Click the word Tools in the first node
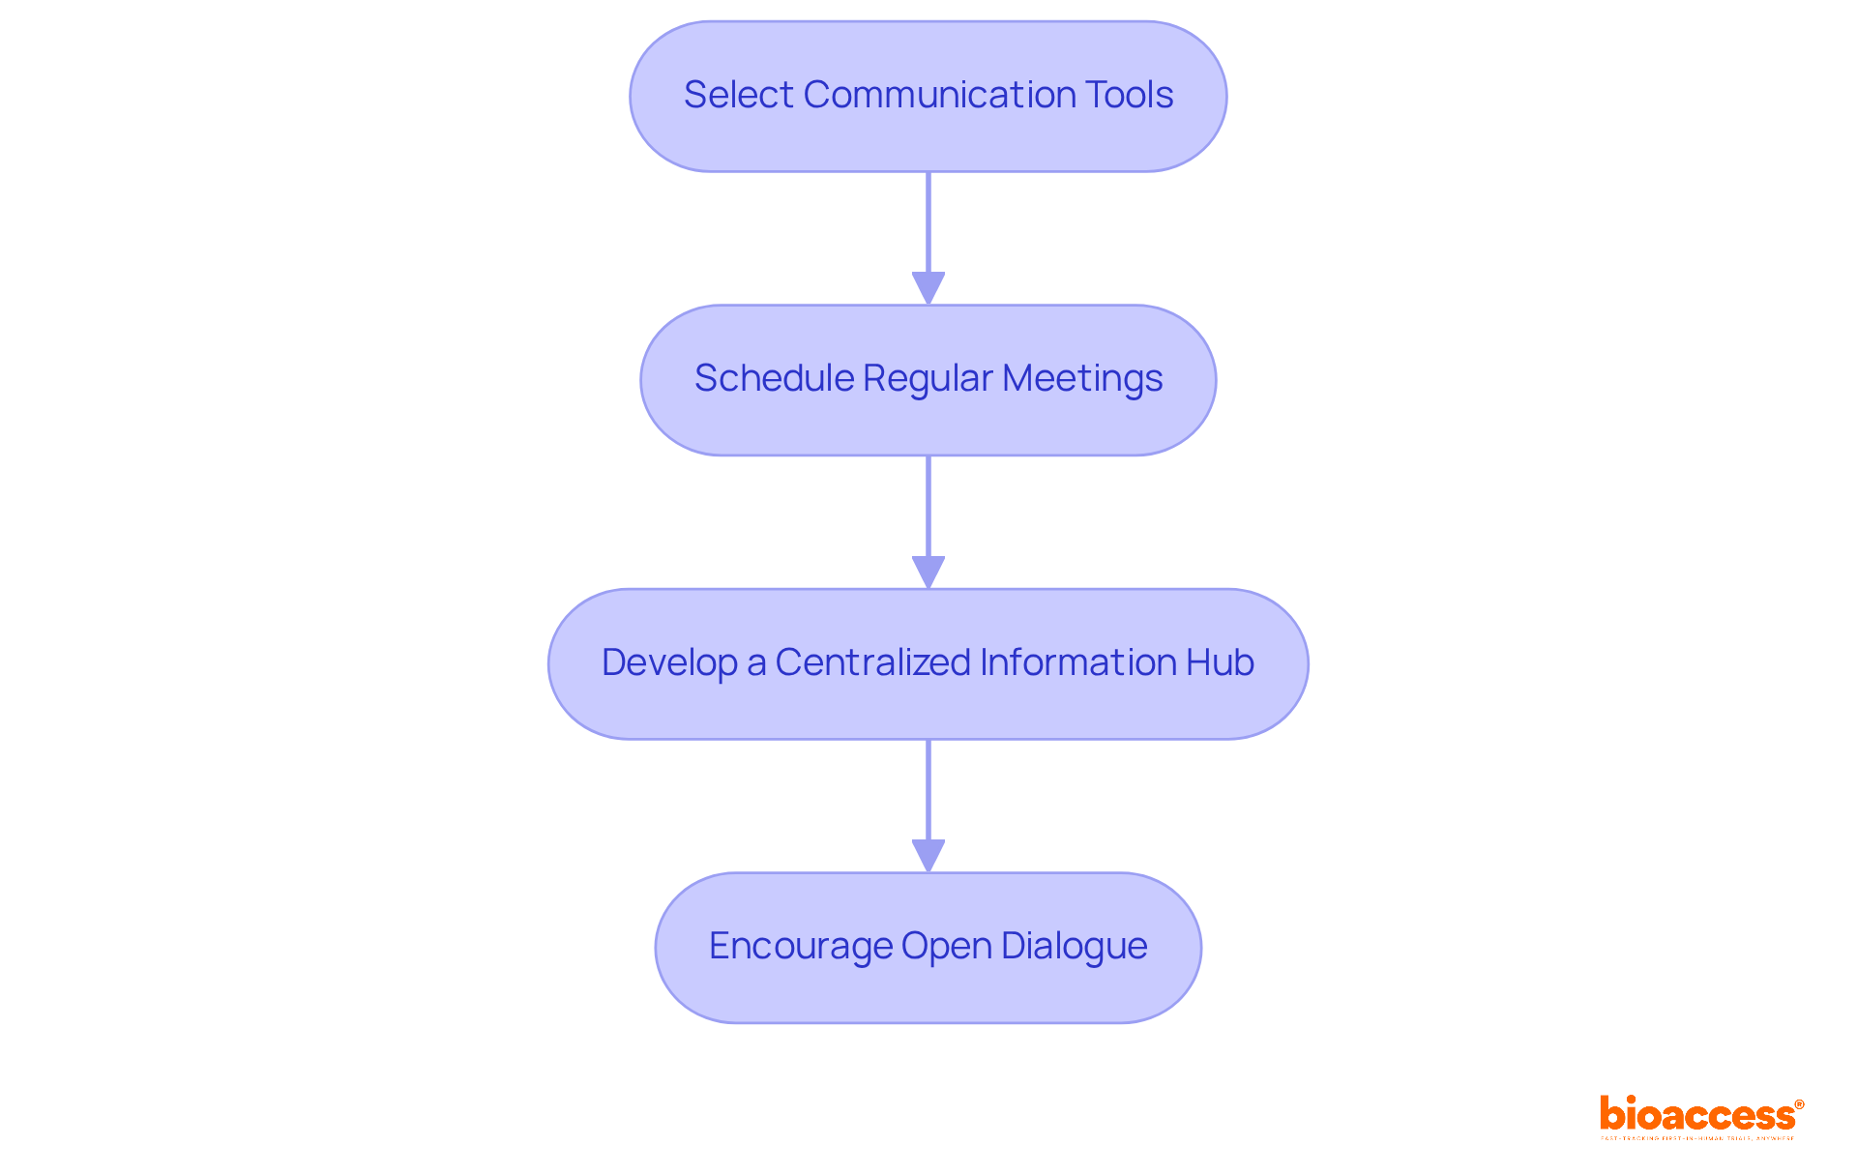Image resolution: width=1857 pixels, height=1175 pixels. [x=1129, y=95]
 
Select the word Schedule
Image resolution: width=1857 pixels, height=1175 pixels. [x=773, y=378]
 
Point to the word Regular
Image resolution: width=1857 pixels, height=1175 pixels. [x=928, y=378]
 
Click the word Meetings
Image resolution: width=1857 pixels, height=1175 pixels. [x=1082, y=378]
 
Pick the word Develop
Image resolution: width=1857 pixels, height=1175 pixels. [x=669, y=662]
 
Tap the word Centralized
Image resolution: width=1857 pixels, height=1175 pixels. [x=872, y=662]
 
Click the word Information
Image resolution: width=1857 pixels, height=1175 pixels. [x=1077, y=662]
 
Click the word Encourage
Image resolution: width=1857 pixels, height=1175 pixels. [x=800, y=946]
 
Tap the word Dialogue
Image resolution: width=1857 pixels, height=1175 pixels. [x=1074, y=947]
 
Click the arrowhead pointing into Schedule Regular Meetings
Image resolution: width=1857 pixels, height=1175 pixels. [x=928, y=288]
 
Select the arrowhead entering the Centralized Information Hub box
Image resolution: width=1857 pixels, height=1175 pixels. [x=928, y=572]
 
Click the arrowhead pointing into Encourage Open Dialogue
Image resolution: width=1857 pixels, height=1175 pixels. [x=928, y=856]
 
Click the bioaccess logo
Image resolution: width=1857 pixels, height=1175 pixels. [x=1696, y=1114]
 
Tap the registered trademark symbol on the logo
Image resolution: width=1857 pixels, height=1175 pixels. [x=1799, y=1104]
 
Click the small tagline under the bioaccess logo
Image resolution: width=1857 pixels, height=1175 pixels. [x=1696, y=1138]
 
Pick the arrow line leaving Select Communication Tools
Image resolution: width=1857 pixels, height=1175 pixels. [x=928, y=222]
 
